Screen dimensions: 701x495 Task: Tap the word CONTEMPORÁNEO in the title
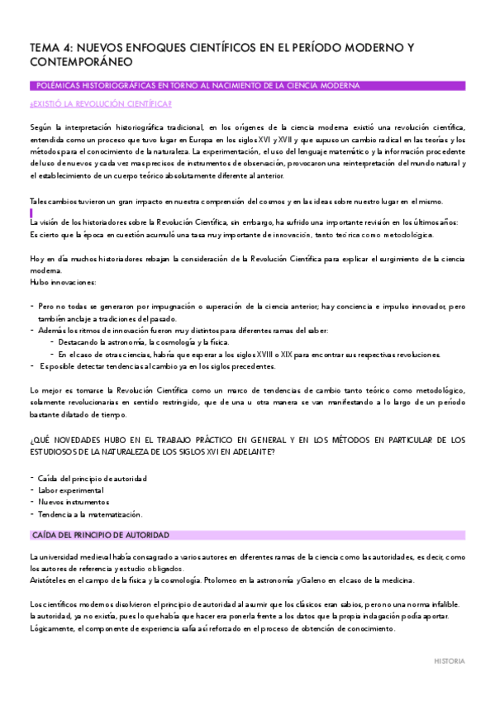pos(80,63)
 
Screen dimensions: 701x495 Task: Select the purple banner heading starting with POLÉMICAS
pos(198,86)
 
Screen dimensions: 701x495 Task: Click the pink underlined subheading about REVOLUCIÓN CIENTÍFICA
pos(101,103)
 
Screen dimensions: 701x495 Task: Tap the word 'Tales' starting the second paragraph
pos(39,202)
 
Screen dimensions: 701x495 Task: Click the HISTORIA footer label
pos(450,661)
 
